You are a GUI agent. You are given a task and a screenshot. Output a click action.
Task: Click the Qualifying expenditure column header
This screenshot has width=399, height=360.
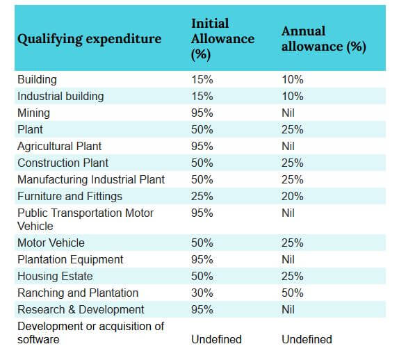(89, 39)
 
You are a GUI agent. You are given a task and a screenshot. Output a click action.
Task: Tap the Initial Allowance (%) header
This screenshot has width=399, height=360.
(222, 39)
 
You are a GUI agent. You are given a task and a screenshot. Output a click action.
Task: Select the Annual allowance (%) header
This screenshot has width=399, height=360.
(324, 39)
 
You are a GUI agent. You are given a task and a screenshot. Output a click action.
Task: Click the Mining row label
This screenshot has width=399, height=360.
(33, 113)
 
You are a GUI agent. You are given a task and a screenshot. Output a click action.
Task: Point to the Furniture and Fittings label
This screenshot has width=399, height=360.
(70, 197)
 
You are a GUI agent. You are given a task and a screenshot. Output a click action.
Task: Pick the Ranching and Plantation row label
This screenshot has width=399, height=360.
(78, 293)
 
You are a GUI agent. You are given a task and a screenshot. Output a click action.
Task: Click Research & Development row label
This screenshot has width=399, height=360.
(81, 310)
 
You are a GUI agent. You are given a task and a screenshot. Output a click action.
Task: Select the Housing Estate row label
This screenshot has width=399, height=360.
(55, 277)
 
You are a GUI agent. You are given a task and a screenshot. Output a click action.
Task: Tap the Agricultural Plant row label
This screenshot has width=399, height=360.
(59, 146)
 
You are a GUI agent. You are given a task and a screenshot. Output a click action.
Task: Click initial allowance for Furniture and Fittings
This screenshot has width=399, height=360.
(202, 197)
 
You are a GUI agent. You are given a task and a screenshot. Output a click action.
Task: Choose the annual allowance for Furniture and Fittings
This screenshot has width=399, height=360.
(293, 197)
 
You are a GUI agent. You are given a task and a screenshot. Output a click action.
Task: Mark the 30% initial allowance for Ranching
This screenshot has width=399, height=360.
(202, 293)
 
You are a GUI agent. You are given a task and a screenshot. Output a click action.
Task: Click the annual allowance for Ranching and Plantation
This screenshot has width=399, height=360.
(293, 293)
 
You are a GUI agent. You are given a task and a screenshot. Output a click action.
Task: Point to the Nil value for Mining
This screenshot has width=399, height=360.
(288, 113)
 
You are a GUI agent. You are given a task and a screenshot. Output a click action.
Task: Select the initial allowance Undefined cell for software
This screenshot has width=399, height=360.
(217, 339)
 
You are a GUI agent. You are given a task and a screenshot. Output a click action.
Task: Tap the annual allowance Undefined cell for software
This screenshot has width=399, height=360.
(307, 339)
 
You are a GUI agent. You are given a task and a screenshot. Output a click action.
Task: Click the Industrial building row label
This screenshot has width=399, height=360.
(60, 97)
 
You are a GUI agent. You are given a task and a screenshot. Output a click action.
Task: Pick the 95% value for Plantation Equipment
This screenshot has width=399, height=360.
(202, 259)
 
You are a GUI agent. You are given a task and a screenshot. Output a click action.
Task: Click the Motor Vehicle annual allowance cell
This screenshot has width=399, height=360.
(293, 243)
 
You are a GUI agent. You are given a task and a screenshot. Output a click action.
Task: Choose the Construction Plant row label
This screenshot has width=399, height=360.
(63, 163)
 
